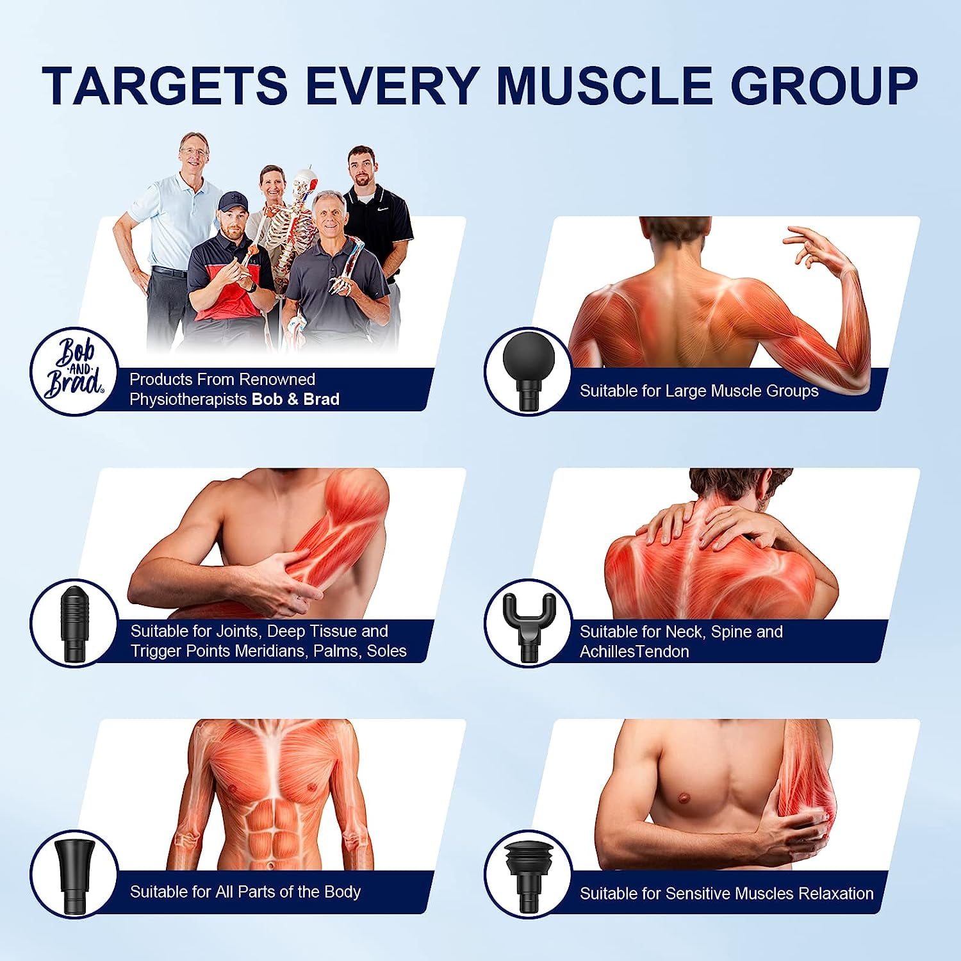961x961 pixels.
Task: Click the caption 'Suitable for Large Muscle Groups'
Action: (699, 391)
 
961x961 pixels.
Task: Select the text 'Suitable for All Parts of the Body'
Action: (245, 892)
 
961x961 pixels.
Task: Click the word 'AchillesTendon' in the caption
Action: (634, 652)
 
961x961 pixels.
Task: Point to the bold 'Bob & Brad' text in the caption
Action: (295, 399)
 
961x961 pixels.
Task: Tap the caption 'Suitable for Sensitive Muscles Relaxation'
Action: (727, 893)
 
